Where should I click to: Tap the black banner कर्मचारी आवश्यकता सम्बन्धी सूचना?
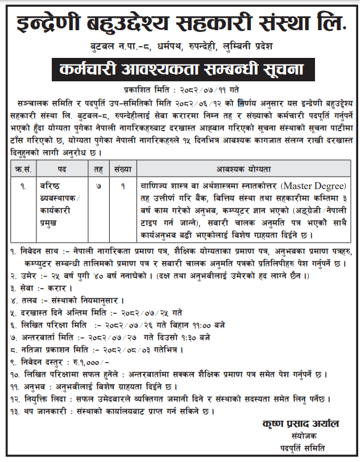pyautogui.click(x=180, y=68)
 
